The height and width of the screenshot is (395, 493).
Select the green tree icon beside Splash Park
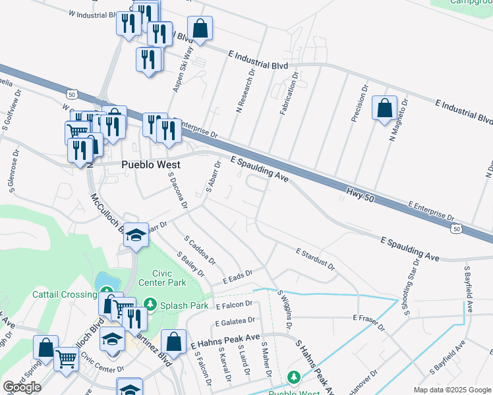pyautogui.click(x=151, y=304)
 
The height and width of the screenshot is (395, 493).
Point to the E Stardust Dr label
pyautogui.click(x=315, y=259)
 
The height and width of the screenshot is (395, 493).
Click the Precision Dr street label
pyautogui.click(x=359, y=103)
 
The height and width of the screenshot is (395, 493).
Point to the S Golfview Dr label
pyautogui.click(x=12, y=107)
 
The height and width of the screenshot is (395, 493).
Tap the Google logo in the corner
pyautogui.click(x=22, y=387)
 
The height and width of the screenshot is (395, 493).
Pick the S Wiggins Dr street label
pyautogui.click(x=285, y=310)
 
